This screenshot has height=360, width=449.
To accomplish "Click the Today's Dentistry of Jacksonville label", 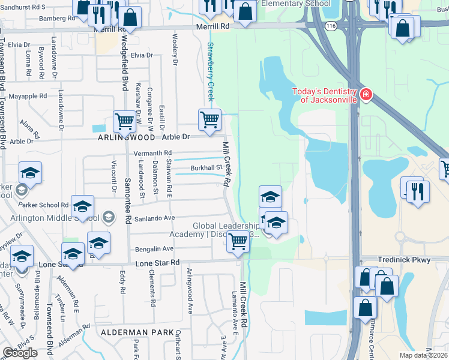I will pyautogui.click(x=324, y=95).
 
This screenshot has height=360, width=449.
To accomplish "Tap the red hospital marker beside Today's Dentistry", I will pyautogui.click(x=366, y=95).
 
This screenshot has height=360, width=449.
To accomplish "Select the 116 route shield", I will pyautogui.click(x=330, y=26).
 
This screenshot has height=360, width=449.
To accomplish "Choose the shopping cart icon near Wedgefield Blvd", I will pyautogui.click(x=124, y=121).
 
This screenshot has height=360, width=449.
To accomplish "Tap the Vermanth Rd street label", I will pyautogui.click(x=152, y=153).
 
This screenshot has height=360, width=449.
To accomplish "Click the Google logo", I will pyautogui.click(x=20, y=353).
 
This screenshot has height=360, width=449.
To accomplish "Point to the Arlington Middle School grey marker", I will pyautogui.click(x=108, y=216).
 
